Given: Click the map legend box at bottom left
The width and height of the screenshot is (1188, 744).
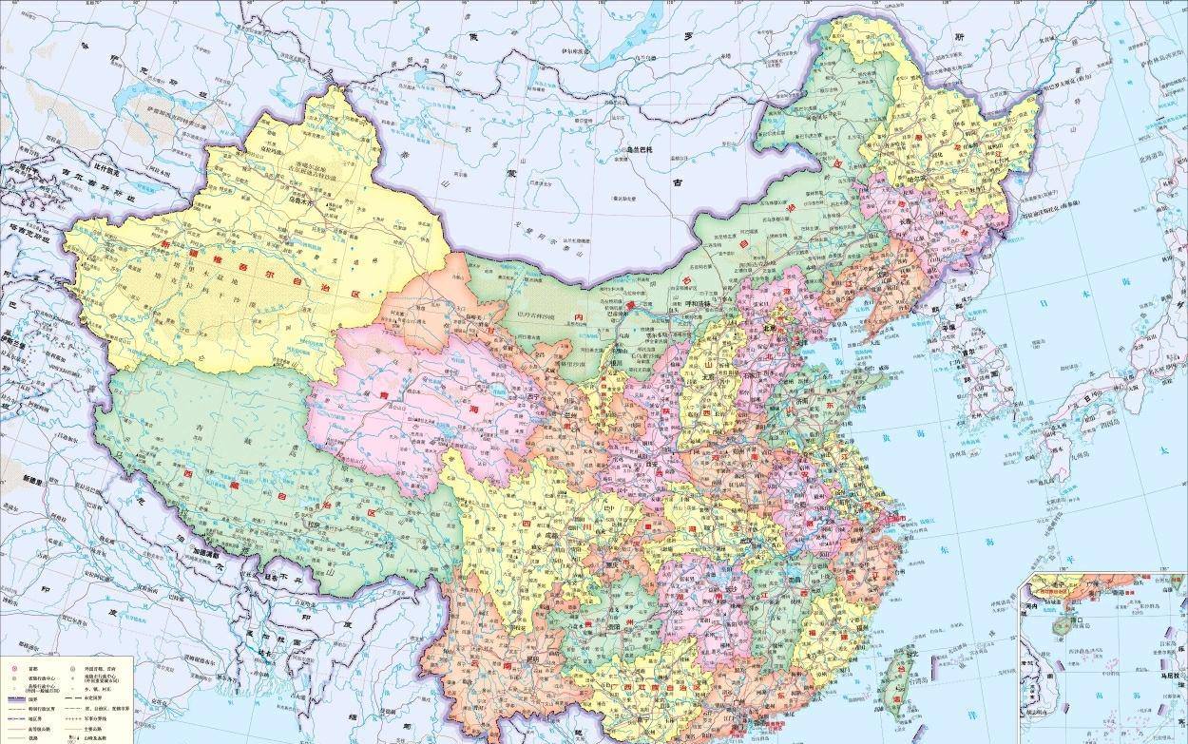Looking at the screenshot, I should point(66,700).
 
